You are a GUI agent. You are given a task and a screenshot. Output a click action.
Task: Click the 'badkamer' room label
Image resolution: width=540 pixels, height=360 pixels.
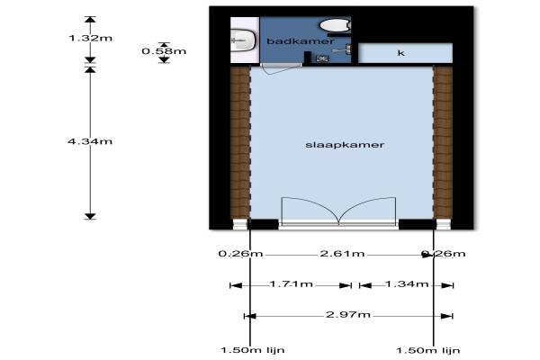(301, 41)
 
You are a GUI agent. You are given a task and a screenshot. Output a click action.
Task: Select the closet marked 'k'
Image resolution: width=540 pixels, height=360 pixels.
(401, 54)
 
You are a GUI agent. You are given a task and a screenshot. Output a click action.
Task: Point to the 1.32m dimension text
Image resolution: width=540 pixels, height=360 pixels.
(91, 39)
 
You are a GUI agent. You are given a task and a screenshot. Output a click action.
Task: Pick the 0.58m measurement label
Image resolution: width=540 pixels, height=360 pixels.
(164, 51)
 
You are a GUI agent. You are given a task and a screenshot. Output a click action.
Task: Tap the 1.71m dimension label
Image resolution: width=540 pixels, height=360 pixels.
(291, 285)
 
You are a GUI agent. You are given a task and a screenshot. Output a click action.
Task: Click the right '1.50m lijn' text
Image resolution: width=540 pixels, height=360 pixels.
(428, 349)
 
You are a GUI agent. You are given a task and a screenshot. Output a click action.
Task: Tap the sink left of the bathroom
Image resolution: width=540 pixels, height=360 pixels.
(240, 39)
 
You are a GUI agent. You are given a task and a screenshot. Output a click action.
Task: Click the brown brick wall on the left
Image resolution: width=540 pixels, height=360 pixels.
(239, 144)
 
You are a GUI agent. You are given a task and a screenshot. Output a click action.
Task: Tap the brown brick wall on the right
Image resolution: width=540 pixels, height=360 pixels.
(443, 144)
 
